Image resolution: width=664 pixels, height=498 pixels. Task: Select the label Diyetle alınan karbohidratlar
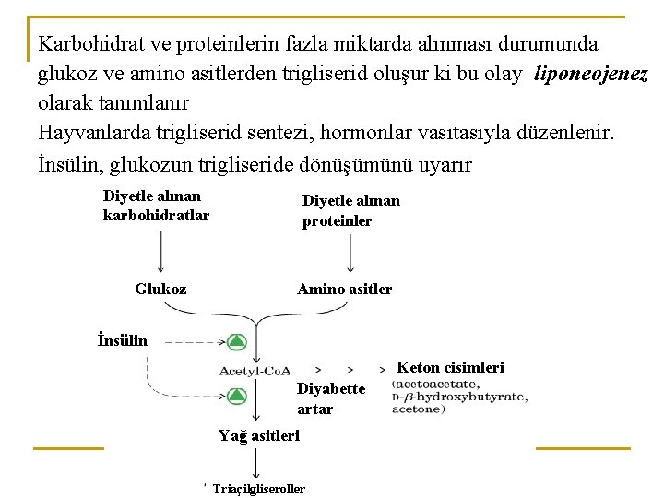pyautogui.click(x=156, y=206)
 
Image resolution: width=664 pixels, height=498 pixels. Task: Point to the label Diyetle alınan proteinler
pyautogui.click(x=350, y=211)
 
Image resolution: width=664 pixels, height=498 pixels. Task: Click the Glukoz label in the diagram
pyautogui.click(x=160, y=289)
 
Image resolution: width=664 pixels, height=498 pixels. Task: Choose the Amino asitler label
pyautogui.click(x=344, y=289)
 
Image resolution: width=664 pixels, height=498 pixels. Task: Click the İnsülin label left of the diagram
pyautogui.click(x=123, y=339)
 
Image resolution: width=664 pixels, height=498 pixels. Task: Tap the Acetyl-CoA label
pyautogui.click(x=255, y=371)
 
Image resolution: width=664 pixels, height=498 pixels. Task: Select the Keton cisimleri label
pyautogui.click(x=450, y=367)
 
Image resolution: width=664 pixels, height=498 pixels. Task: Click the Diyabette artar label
pyautogui.click(x=330, y=398)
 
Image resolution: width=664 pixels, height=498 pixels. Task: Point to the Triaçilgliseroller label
pyautogui.click(x=258, y=489)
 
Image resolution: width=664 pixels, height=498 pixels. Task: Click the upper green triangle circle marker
pyautogui.click(x=236, y=342)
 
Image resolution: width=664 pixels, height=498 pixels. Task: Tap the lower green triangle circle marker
pyautogui.click(x=236, y=397)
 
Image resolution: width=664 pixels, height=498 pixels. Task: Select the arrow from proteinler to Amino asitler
pyautogui.click(x=350, y=251)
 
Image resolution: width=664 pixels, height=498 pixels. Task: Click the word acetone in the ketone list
pyautogui.click(x=418, y=409)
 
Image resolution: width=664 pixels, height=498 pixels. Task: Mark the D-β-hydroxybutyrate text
pyautogui.click(x=459, y=397)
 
